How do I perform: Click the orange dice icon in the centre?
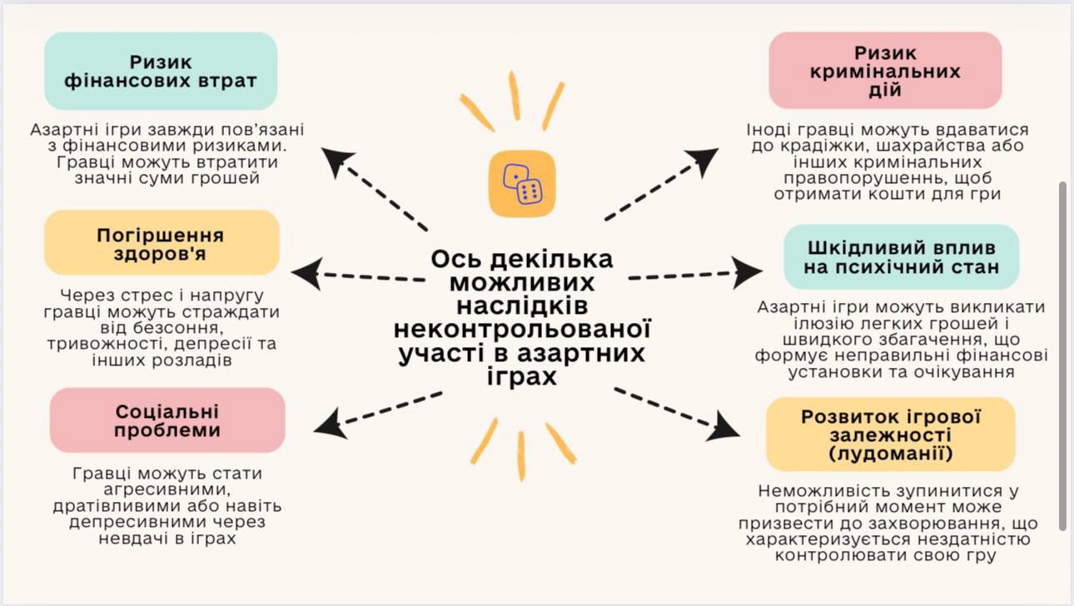521,185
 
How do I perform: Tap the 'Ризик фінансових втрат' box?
160,72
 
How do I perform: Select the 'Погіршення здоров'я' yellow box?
162,242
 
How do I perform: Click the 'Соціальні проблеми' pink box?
167,420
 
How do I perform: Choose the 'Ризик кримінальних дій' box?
884,71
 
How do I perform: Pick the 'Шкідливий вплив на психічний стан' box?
901,257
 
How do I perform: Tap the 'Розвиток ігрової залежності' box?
890,435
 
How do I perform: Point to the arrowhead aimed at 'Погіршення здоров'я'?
305,273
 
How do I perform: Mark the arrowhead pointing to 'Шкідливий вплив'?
746,270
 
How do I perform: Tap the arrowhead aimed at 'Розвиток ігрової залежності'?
726,427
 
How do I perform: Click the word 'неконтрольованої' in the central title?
521,329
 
